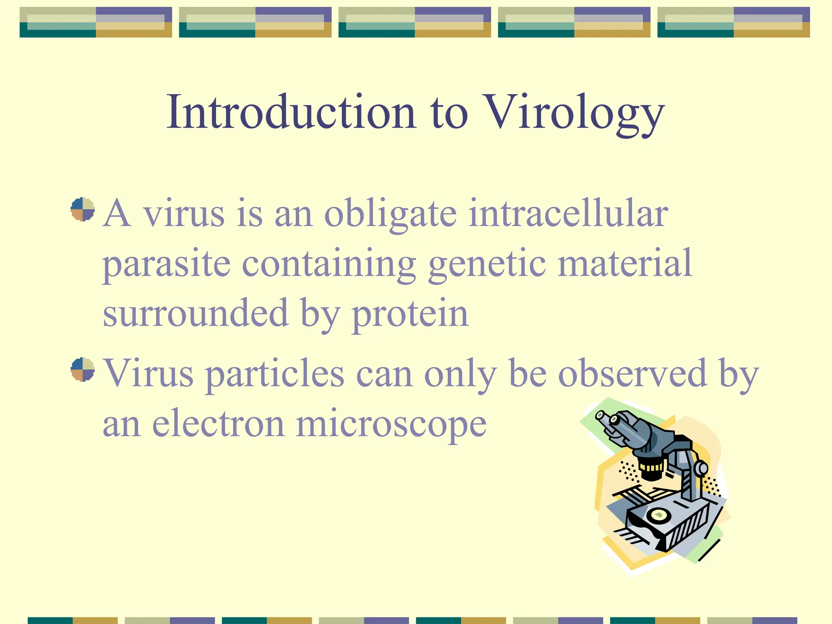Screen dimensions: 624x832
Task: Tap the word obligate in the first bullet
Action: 390,214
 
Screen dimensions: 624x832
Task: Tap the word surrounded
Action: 195,313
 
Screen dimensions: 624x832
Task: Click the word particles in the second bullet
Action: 275,374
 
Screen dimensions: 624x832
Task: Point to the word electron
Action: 218,424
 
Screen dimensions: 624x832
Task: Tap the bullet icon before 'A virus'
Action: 82,209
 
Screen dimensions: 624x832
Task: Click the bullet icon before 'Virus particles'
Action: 82,369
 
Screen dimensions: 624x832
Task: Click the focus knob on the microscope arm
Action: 701,469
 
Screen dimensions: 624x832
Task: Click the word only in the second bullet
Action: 460,374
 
